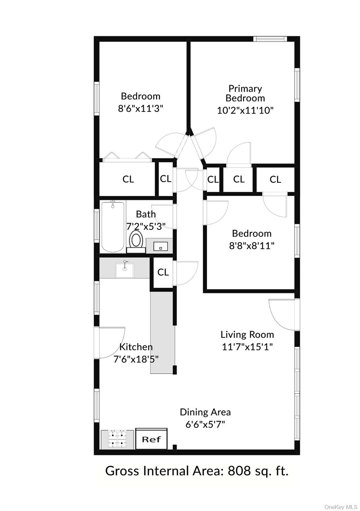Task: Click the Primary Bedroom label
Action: [245, 93]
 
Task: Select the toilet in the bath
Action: [136, 242]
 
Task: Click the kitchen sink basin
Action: [124, 270]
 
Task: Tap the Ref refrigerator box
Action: [151, 439]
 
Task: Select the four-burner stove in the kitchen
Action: [117, 439]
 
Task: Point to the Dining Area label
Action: [205, 412]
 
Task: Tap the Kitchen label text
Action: [136, 347]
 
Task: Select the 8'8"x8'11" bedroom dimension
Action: [252, 246]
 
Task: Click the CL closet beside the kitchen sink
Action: [163, 272]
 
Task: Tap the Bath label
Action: [146, 214]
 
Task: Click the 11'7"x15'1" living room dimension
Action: [247, 347]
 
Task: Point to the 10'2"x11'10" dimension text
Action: [245, 111]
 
